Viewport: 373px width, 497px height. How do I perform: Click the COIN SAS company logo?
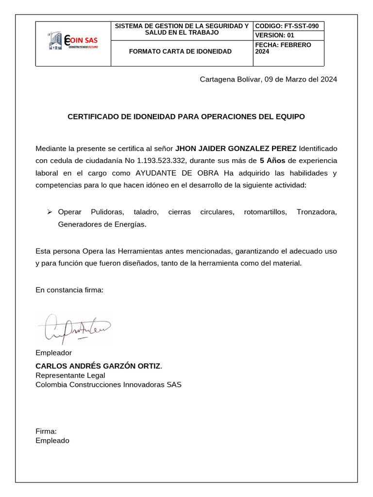pyautogui.click(x=73, y=41)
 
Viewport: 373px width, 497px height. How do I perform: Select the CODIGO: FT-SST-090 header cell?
pyautogui.click(x=287, y=26)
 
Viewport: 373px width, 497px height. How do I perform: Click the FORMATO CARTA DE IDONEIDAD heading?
pyautogui.click(x=180, y=51)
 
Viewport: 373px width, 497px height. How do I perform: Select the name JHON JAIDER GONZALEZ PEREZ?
pyautogui.click(x=236, y=148)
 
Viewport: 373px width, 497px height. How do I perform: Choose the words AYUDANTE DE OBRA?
pyautogui.click(x=178, y=173)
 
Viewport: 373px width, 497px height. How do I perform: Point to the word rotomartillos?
pyautogui.click(x=265, y=212)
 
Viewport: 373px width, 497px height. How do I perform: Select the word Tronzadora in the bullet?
pyautogui.click(x=316, y=212)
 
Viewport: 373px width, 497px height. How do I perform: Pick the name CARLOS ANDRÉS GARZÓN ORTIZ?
pyautogui.click(x=98, y=365)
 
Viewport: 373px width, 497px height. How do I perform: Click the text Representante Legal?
pyautogui.click(x=70, y=375)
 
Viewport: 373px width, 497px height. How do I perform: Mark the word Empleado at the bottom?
pyautogui.click(x=52, y=441)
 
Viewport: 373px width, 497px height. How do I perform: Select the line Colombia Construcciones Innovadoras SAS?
pyautogui.click(x=108, y=385)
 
